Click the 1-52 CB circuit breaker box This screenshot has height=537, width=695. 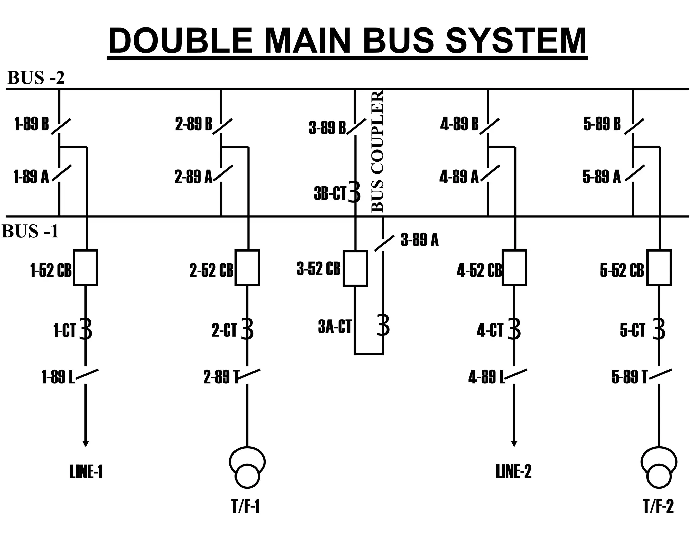86,267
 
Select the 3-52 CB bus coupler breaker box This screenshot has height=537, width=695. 355,268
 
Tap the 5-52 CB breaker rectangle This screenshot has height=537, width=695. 659,267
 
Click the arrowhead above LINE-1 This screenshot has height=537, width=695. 86,444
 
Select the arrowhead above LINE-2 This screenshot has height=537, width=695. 514,444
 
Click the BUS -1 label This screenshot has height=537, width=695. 31,232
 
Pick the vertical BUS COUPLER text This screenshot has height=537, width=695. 377,151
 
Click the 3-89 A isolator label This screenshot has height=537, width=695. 419,240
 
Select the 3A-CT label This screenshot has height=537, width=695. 334,327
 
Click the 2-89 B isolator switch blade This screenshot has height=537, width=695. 223,127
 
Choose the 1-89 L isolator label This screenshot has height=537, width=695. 58,377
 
